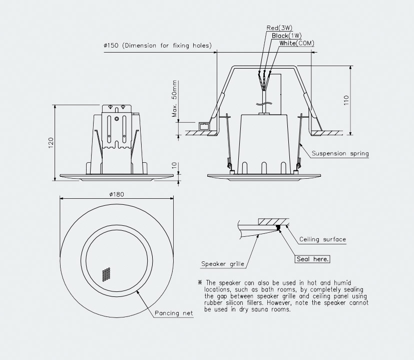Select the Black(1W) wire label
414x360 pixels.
coord(286,36)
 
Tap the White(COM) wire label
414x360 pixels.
coord(297,44)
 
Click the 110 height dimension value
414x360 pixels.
coord(346,100)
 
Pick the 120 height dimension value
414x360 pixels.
coord(50,143)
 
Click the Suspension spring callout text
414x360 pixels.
coord(340,154)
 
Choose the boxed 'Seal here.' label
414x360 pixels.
coord(312,259)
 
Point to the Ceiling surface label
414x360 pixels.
coord(322,239)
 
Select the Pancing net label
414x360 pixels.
coord(174,313)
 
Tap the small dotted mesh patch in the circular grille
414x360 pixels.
coord(106,273)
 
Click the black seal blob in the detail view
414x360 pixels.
coord(278,228)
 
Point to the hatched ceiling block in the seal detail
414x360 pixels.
coord(272,221)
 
